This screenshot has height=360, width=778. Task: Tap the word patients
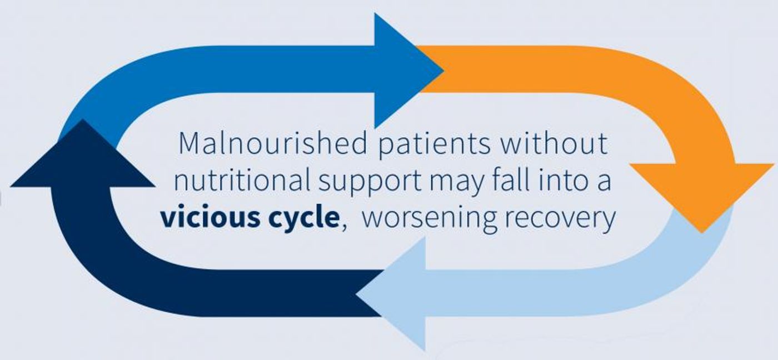[435, 145]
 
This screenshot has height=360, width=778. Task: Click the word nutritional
[242, 180]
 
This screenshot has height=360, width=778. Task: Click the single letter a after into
[604, 183]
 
